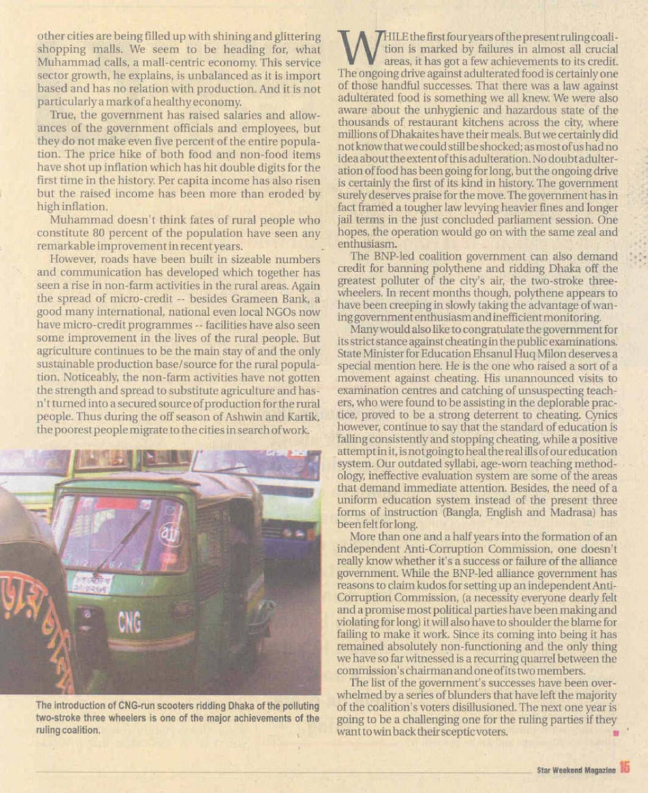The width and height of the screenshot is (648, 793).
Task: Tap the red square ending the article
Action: point(615,733)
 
